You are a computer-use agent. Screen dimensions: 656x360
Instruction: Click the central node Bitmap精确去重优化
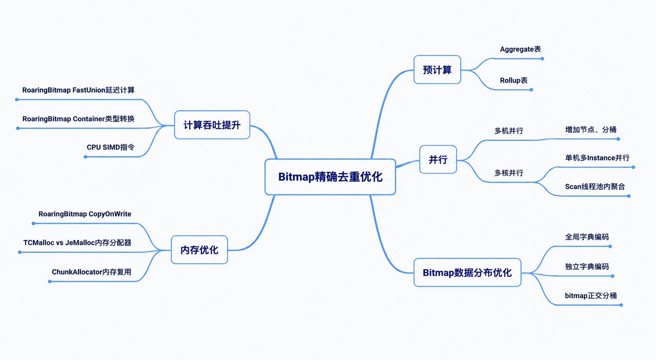pos(330,177)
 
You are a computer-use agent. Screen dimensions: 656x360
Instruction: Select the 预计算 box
pos(437,69)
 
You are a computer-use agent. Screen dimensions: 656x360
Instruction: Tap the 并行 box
pos(438,159)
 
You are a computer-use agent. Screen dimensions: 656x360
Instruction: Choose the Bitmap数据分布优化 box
pos(467,272)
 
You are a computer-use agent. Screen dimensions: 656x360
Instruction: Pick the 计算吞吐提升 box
pos(212,125)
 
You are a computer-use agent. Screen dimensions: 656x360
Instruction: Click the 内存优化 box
pos(199,249)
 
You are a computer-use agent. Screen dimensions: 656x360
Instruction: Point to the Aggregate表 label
pos(520,49)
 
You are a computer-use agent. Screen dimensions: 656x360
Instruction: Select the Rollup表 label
pos(514,81)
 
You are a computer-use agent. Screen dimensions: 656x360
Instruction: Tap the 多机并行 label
pos(509,131)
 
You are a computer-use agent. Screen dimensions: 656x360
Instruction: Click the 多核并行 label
pos(509,173)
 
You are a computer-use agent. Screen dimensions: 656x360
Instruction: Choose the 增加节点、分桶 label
pos(591,130)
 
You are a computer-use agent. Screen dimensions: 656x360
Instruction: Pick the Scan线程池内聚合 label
pos(595,187)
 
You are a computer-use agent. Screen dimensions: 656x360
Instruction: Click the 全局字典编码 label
pos(587,237)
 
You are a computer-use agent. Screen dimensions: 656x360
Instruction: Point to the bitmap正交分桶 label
pos(591,295)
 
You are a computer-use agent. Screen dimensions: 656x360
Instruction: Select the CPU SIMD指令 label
pos(110,147)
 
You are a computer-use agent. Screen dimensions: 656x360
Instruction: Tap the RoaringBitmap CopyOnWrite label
pos(85,214)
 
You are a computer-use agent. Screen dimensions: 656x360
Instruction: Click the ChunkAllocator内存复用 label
pos(91,272)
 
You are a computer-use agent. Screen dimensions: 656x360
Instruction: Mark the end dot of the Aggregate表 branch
pos(542,58)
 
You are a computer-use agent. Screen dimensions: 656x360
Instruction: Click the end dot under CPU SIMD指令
pos(86,157)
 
